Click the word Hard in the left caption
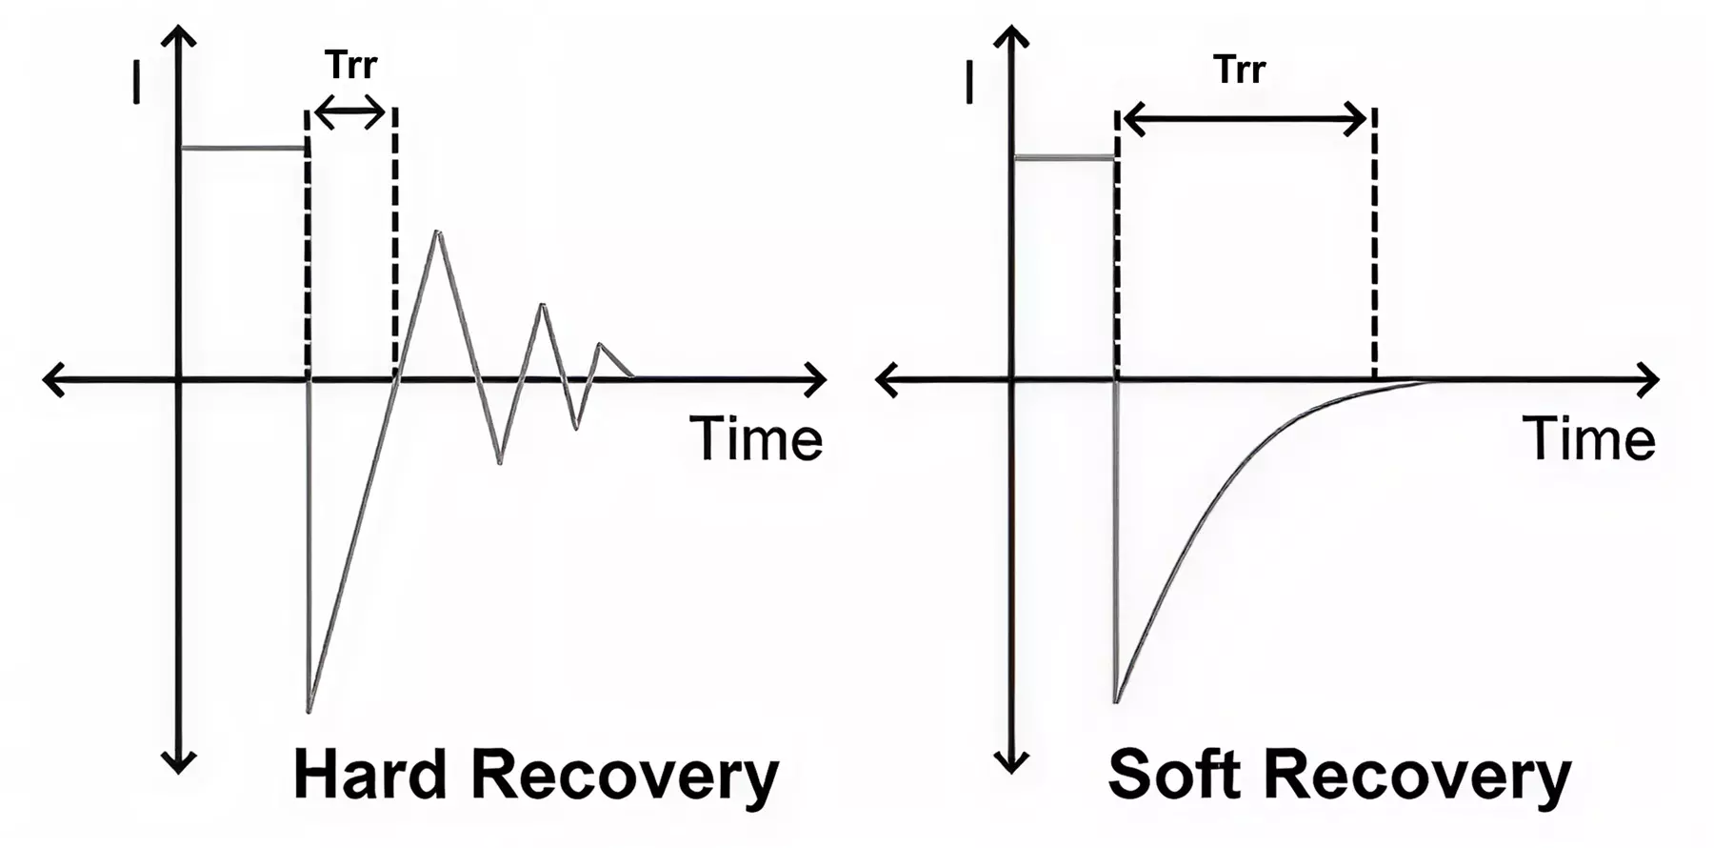pyautogui.click(x=370, y=775)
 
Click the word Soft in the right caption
pyautogui.click(x=1175, y=775)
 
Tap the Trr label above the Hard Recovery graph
pyautogui.click(x=350, y=65)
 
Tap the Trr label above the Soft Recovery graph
pyautogui.click(x=1239, y=70)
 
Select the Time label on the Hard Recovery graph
pyautogui.click(x=756, y=439)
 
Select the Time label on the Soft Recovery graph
pyautogui.click(x=1589, y=439)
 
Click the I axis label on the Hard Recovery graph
pyautogui.click(x=136, y=82)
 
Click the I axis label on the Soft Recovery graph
pyautogui.click(x=969, y=82)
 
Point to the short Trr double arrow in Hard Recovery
pyautogui.click(x=350, y=113)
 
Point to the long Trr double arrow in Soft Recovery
pyautogui.click(x=1246, y=119)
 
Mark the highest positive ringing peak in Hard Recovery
pyautogui.click(x=437, y=232)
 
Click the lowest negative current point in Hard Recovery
pyautogui.click(x=309, y=710)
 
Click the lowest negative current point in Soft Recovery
pyautogui.click(x=1116, y=701)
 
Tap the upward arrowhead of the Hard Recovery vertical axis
pyautogui.click(x=178, y=36)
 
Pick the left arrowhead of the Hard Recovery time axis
pyautogui.click(x=54, y=379)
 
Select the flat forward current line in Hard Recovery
pyautogui.click(x=244, y=148)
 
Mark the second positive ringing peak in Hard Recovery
pyautogui.click(x=543, y=305)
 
